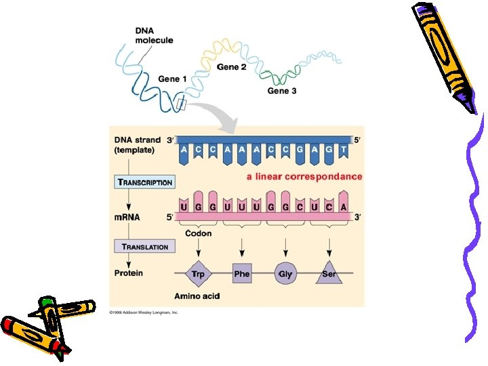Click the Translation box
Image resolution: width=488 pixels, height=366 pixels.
click(x=145, y=247)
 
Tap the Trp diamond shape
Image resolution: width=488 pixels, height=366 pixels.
click(x=198, y=274)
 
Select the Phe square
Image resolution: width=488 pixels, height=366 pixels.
click(x=242, y=274)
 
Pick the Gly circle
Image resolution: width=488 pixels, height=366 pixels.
click(x=285, y=274)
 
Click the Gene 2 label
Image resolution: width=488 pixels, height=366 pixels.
click(x=231, y=67)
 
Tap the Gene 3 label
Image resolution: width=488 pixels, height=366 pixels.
click(x=282, y=90)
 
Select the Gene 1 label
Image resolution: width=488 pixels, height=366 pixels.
click(x=173, y=79)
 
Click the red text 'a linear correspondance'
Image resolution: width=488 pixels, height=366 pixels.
click(x=304, y=176)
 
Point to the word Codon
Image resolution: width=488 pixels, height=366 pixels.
click(x=198, y=233)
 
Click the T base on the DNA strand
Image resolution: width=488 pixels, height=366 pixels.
click(x=344, y=149)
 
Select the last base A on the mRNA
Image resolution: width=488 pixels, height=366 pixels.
click(x=344, y=206)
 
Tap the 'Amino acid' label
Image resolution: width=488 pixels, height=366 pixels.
click(x=197, y=296)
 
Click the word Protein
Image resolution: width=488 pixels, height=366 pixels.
click(x=129, y=273)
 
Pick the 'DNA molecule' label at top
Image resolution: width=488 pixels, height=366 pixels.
click(x=154, y=35)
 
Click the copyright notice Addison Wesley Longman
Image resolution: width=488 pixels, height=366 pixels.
click(x=144, y=313)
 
